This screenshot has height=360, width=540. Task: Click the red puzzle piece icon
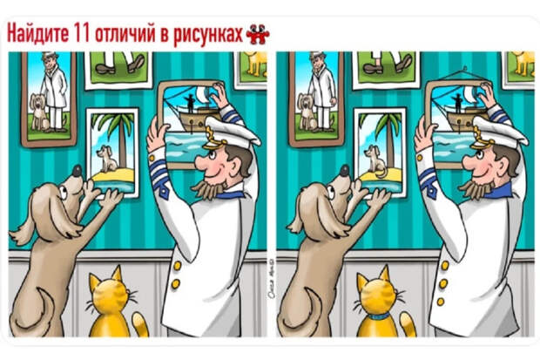pyautogui.click(x=258, y=32)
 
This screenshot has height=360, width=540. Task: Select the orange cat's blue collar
pyautogui.click(x=380, y=316)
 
